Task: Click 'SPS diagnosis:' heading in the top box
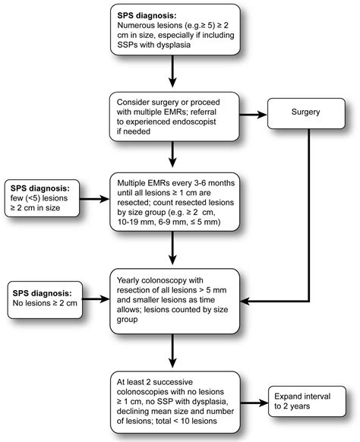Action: coord(150,15)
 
